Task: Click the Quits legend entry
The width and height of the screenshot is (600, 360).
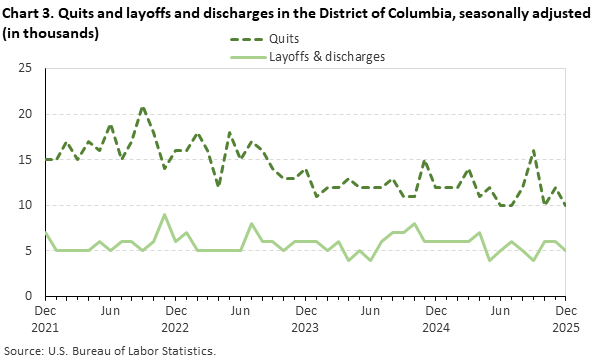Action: point(285,40)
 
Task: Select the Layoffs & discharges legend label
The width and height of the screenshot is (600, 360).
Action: point(328,56)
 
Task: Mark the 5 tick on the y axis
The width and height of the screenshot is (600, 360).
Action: point(28,250)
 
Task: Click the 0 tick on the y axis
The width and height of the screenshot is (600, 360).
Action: point(28,296)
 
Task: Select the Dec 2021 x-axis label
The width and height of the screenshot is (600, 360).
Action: point(44,318)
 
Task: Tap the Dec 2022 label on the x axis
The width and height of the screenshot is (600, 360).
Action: point(175,318)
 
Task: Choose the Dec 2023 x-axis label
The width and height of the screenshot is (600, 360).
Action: point(306,318)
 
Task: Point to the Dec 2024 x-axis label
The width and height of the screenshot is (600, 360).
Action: point(436,318)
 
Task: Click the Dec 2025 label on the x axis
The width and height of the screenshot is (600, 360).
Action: point(567,318)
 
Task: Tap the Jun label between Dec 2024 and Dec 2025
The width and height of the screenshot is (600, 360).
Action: point(501,311)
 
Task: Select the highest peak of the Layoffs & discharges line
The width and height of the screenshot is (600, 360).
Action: point(165,214)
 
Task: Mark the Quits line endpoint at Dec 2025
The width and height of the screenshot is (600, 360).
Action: point(567,205)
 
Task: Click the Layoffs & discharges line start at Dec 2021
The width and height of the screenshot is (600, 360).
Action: point(45,232)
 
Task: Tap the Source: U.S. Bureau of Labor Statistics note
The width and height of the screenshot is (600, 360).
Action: point(110,351)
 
